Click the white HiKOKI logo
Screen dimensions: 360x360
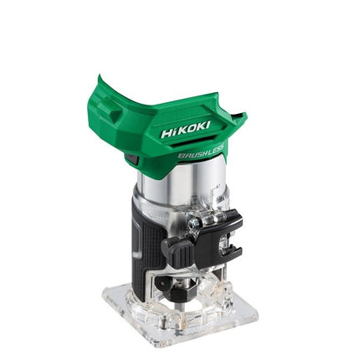pos(185,130)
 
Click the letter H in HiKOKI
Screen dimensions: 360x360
pos(167,133)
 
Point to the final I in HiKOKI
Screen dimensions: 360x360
pos(208,125)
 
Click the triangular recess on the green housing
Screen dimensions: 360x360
pos(116,116)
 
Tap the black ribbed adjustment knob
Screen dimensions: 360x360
pos(177,249)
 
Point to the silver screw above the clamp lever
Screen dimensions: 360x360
pos(193,224)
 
